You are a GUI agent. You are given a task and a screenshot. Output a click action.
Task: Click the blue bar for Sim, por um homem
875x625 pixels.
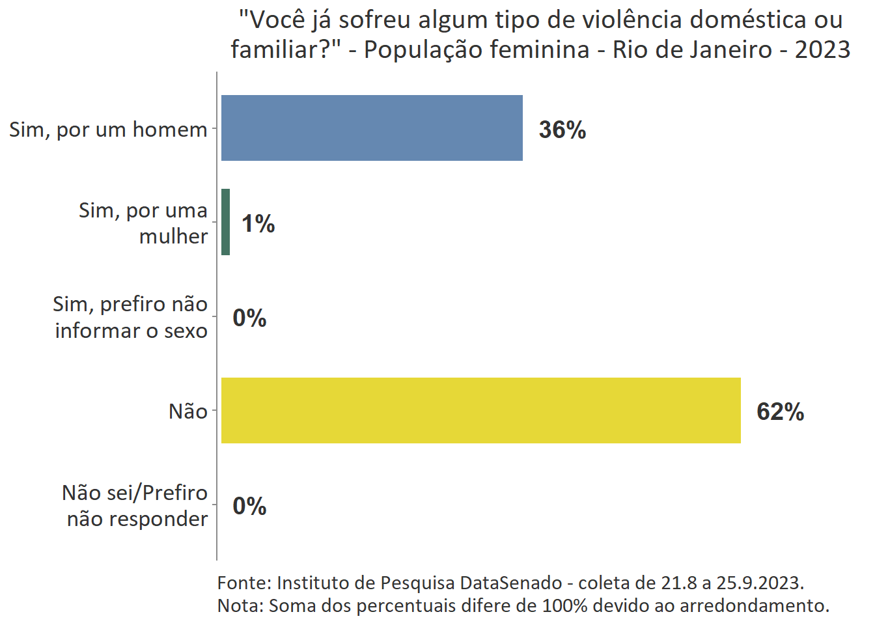pyautogui.click(x=372, y=128)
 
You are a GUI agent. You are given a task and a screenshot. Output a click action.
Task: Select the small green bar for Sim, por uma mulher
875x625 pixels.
pyautogui.click(x=226, y=222)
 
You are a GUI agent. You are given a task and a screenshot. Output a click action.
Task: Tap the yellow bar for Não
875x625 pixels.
pyautogui.click(x=480, y=411)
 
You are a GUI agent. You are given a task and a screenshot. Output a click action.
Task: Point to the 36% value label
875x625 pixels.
pyautogui.click(x=562, y=130)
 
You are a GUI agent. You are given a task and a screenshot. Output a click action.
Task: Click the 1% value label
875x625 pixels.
pyautogui.click(x=258, y=224)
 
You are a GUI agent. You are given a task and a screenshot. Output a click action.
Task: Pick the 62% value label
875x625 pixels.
pyautogui.click(x=780, y=412)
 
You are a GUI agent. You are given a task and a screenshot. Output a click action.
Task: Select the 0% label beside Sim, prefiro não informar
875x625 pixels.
pyautogui.click(x=249, y=318)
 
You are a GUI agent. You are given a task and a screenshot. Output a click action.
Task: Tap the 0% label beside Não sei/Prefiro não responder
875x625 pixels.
pyautogui.click(x=249, y=507)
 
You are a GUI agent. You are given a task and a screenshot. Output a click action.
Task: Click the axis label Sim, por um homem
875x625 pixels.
pyautogui.click(x=108, y=130)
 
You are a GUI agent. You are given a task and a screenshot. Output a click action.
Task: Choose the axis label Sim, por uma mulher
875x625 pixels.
pyautogui.click(x=143, y=223)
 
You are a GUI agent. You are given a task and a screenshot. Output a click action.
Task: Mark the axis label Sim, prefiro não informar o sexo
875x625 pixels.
pyautogui.click(x=130, y=317)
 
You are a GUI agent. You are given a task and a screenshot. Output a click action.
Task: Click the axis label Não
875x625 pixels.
pyautogui.click(x=188, y=411)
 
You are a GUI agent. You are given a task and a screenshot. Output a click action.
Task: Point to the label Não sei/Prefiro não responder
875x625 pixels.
pyautogui.click(x=135, y=505)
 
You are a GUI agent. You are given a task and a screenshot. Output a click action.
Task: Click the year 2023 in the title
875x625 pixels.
pyautogui.click(x=822, y=49)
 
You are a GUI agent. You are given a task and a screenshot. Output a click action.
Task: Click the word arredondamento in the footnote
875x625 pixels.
pyautogui.click(x=754, y=605)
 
